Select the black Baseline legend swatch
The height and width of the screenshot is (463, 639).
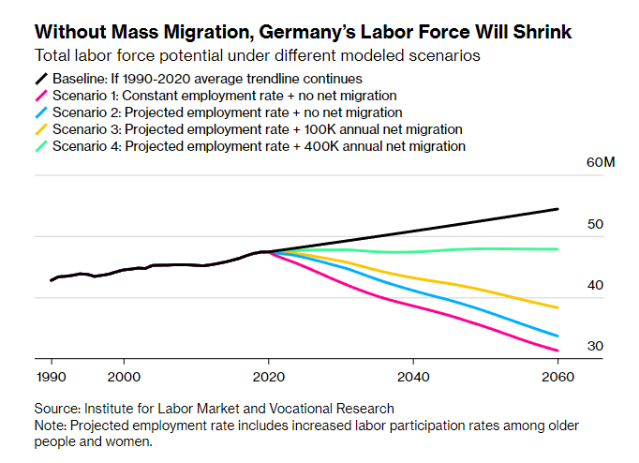click(x=41, y=79)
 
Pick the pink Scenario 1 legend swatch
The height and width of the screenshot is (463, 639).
click(x=41, y=96)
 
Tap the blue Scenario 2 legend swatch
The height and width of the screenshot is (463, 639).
click(x=41, y=112)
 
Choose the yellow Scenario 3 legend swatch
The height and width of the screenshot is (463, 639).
click(x=41, y=129)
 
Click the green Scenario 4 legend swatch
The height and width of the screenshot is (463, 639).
click(x=41, y=146)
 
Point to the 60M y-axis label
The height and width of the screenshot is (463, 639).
click(x=600, y=163)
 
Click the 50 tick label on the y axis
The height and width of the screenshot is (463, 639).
click(x=595, y=225)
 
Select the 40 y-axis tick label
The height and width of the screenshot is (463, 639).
click(x=595, y=286)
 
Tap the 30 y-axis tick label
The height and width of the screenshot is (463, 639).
click(x=595, y=347)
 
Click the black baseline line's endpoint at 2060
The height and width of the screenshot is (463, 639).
click(x=557, y=209)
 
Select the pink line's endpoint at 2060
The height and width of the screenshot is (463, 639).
click(x=557, y=351)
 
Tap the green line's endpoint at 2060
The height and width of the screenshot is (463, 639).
click(x=557, y=249)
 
